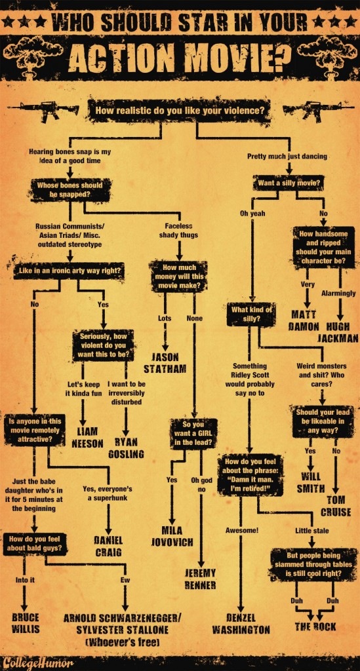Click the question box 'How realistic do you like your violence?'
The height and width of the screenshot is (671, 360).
(180, 110)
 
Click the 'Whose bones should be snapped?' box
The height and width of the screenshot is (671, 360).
(70, 189)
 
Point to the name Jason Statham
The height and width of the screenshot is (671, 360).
(165, 362)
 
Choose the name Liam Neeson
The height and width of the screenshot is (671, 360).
(87, 437)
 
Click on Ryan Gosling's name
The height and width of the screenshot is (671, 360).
(126, 448)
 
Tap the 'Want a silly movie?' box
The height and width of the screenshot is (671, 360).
(288, 184)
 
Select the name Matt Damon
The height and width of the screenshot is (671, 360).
(304, 320)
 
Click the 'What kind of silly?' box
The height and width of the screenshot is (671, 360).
(251, 314)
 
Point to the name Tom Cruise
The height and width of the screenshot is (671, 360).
(336, 506)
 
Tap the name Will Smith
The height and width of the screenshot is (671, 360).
(311, 482)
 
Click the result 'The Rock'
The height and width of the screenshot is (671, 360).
(315, 627)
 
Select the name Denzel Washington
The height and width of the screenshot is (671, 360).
(241, 624)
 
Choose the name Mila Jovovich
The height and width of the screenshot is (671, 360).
(172, 536)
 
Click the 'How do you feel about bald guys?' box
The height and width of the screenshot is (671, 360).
(35, 543)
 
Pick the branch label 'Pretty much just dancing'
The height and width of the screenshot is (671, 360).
(287, 156)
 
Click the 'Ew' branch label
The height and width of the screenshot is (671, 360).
(125, 581)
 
